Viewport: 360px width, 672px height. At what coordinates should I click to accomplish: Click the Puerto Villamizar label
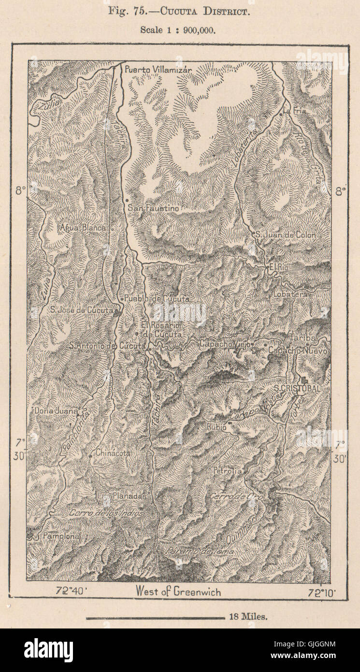tap(158, 70)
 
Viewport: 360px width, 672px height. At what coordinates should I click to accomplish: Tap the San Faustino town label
tap(153, 209)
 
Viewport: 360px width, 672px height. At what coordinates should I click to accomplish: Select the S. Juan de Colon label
tap(286, 235)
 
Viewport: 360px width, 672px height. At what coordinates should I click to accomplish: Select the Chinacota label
tap(113, 453)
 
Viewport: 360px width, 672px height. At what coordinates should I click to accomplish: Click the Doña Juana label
tap(56, 411)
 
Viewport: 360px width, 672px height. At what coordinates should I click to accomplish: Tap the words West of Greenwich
tap(178, 591)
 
